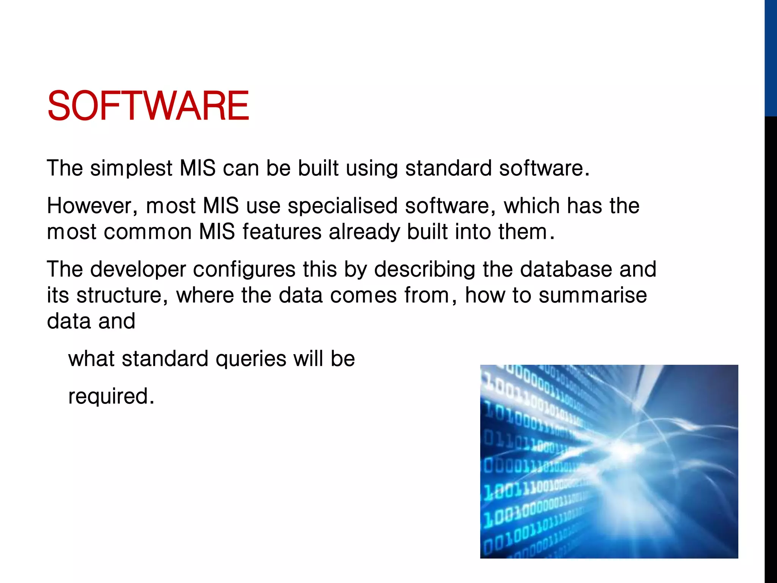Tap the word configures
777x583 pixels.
(244, 269)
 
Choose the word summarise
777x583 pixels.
(593, 295)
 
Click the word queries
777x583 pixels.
(251, 359)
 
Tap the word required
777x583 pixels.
(111, 396)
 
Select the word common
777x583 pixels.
(148, 232)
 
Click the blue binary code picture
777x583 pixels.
(609, 461)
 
